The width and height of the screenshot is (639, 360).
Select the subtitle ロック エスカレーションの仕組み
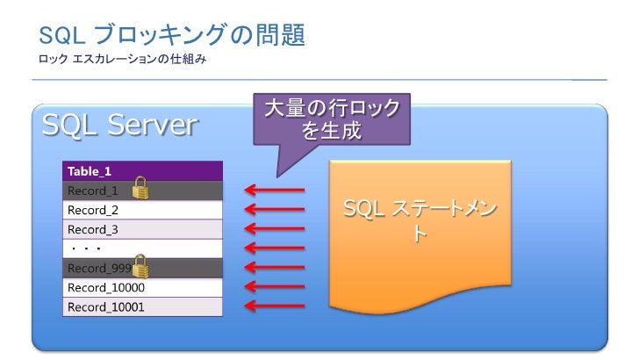[x=123, y=61]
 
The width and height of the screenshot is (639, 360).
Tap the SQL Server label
[x=118, y=126]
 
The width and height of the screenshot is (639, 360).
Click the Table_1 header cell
[x=142, y=171]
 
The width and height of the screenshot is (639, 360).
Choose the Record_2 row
[x=142, y=210]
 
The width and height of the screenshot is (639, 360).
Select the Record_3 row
[x=142, y=229]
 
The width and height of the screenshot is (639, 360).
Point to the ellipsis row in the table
[x=142, y=248]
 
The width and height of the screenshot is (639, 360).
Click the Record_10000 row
[x=142, y=287]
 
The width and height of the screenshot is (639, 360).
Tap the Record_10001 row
[x=142, y=306]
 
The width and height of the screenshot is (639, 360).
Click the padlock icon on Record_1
[x=140, y=187]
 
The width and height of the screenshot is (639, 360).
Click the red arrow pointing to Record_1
[x=274, y=190]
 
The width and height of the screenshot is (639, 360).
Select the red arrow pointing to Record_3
[x=274, y=228]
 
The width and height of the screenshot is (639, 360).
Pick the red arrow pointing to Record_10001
[x=274, y=306]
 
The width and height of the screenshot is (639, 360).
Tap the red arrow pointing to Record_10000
[x=274, y=286]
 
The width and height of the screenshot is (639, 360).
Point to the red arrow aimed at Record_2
[x=274, y=209]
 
